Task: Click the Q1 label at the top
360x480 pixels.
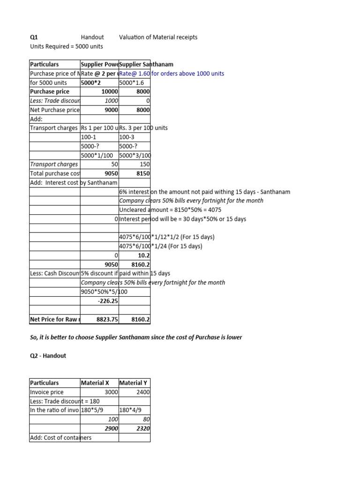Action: tap(34, 37)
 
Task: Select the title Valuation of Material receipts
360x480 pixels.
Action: tap(158, 37)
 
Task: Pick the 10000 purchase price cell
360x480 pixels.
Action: tap(109, 91)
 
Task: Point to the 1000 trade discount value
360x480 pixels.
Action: tap(112, 101)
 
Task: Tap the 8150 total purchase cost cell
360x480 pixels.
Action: tap(142, 173)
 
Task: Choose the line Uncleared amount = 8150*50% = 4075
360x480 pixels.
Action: tap(170, 210)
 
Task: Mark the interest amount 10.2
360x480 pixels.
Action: tap(144, 255)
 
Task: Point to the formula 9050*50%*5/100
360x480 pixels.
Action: tap(104, 292)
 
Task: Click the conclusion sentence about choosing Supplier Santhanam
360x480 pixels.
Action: tap(136, 337)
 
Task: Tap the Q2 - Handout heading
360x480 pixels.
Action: tap(48, 355)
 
